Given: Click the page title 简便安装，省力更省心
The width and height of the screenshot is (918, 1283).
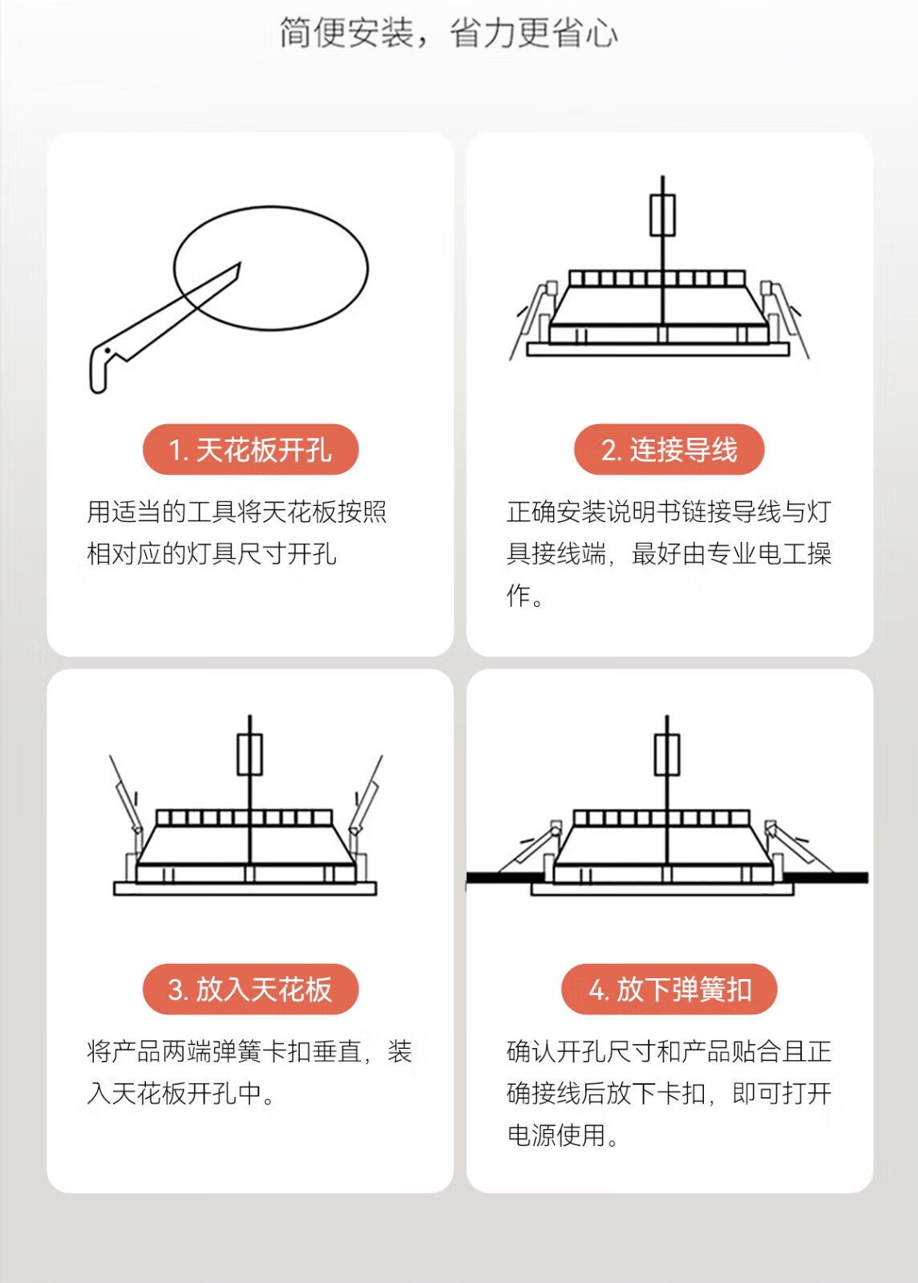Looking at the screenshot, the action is click(x=449, y=33).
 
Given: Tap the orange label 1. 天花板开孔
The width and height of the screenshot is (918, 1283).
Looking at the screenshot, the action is click(x=251, y=449).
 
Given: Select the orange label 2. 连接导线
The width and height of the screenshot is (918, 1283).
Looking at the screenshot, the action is click(x=669, y=449).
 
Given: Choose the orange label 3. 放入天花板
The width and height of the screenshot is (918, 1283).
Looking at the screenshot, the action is click(x=251, y=990).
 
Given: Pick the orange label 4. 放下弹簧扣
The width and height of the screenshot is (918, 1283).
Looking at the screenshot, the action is click(x=669, y=990).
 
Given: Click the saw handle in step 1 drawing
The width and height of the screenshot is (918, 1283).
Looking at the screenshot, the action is click(x=101, y=366).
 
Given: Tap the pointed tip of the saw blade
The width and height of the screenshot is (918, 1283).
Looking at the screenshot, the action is click(x=240, y=264).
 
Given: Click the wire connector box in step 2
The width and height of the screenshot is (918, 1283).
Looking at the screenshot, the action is click(x=662, y=215).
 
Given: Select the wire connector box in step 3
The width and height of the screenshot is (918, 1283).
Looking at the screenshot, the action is click(x=249, y=755).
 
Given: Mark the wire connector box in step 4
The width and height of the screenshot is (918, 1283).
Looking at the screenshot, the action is click(x=667, y=755).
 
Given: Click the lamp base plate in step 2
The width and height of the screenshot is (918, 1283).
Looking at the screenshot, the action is click(x=658, y=350).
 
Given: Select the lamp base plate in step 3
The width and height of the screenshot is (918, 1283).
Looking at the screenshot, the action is click(x=245, y=888).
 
